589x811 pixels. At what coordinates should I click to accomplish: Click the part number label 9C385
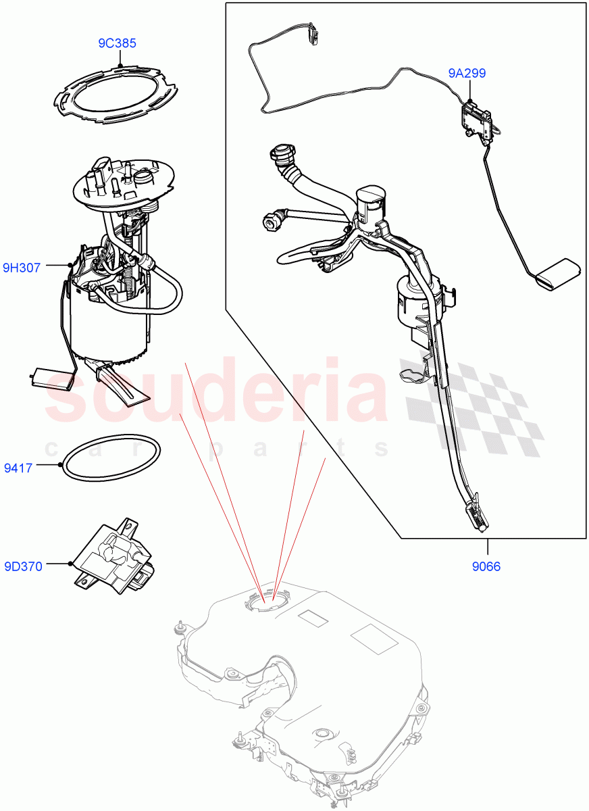[117, 43]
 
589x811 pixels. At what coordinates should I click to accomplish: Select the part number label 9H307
[22, 268]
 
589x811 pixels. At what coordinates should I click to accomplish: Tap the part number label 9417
[18, 466]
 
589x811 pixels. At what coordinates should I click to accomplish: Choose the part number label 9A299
[466, 73]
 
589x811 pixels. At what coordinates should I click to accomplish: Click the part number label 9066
[485, 566]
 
